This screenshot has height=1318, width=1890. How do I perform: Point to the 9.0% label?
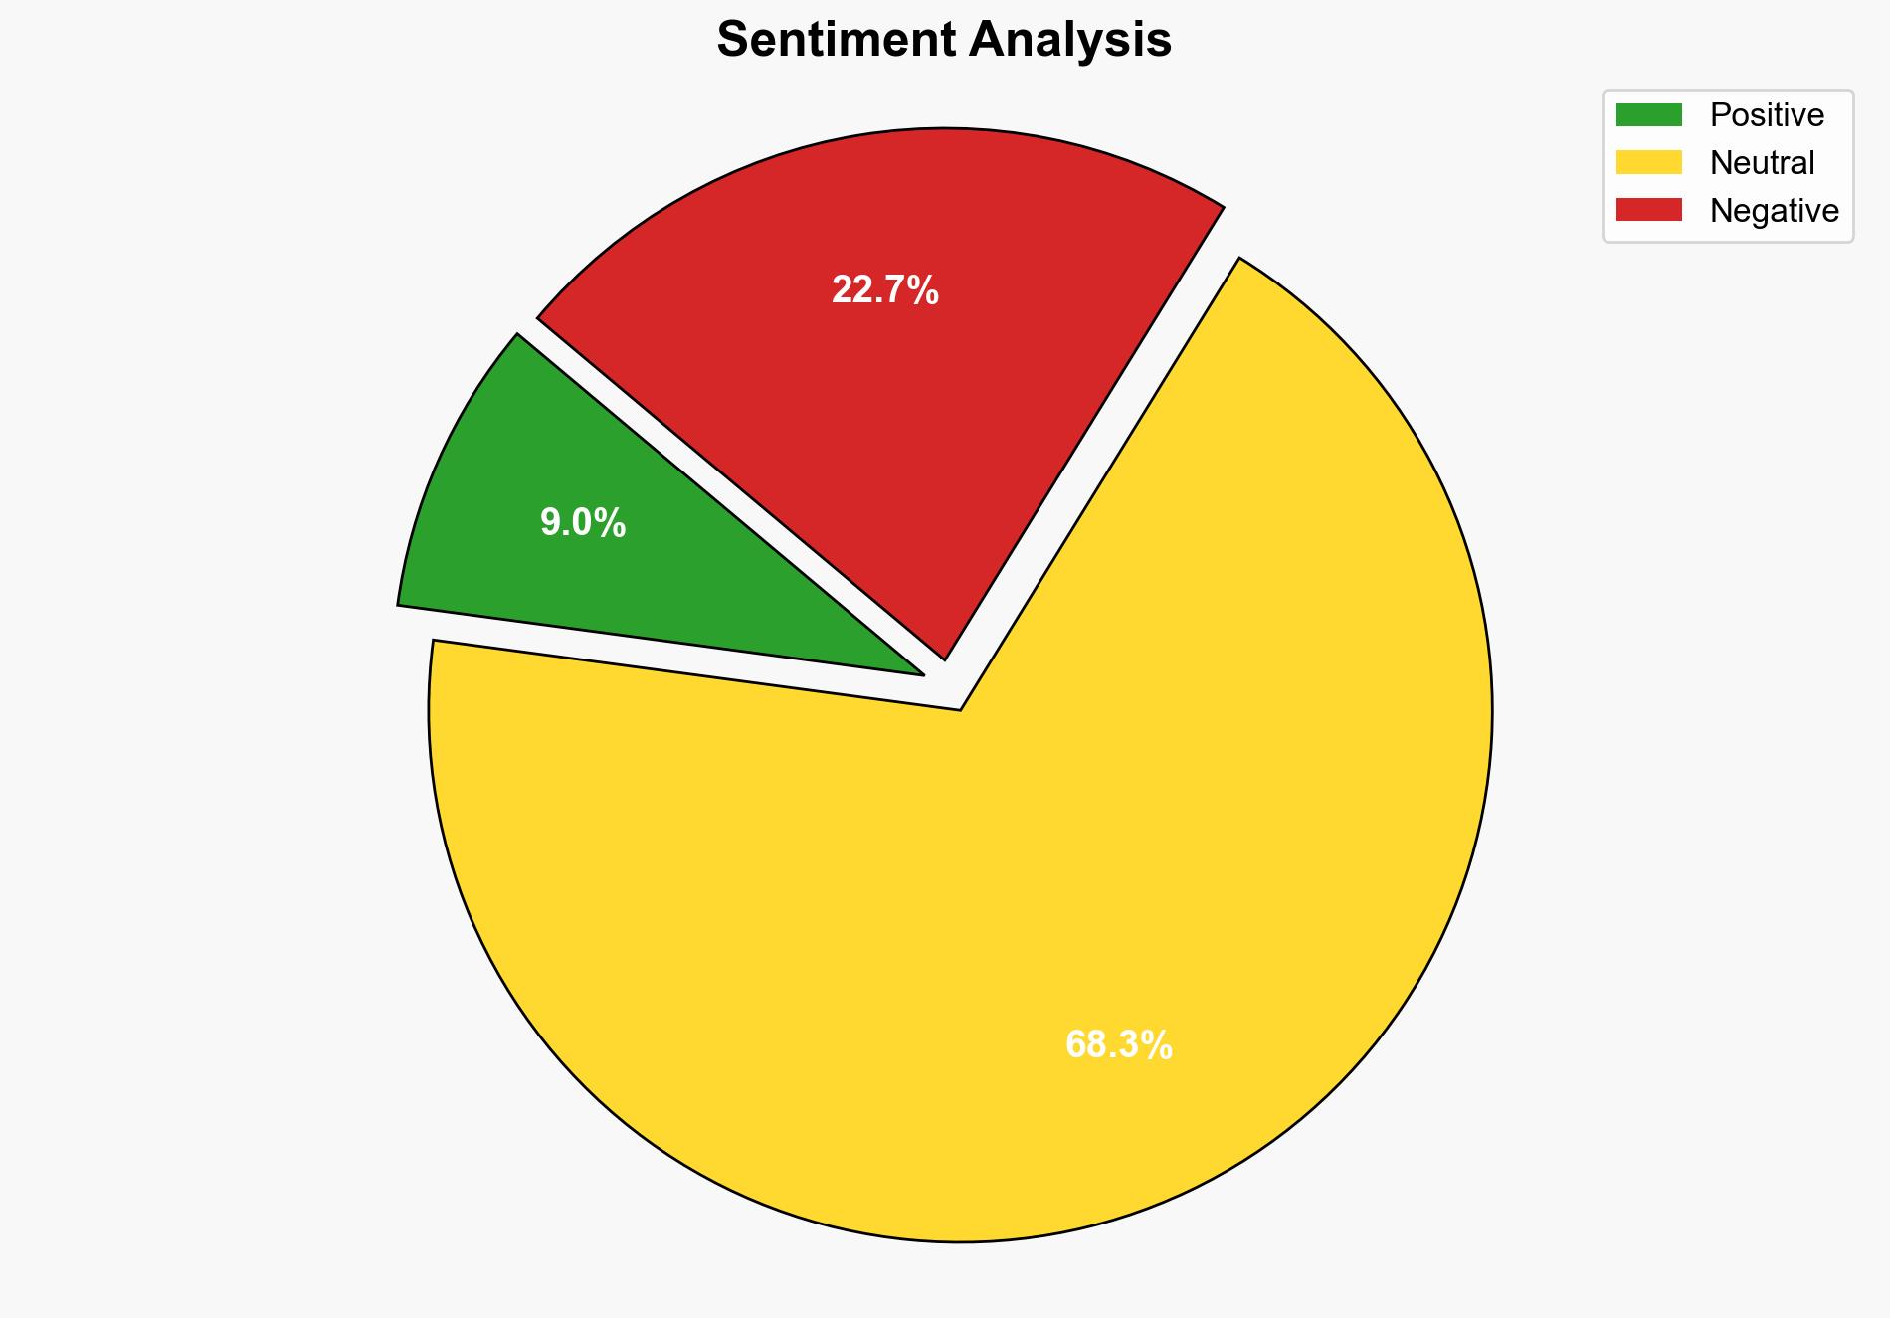(x=583, y=523)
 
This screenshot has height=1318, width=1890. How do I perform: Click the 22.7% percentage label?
(x=885, y=290)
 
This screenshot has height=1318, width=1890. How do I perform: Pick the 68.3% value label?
(x=1119, y=1045)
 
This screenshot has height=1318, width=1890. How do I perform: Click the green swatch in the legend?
(x=1648, y=115)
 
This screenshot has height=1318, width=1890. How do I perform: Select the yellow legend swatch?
(x=1648, y=162)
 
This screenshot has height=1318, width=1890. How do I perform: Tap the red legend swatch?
(x=1648, y=210)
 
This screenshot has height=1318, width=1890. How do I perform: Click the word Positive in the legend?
(x=1767, y=115)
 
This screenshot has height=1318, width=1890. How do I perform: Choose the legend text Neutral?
(x=1762, y=163)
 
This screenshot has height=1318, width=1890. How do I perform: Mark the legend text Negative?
(x=1774, y=211)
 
